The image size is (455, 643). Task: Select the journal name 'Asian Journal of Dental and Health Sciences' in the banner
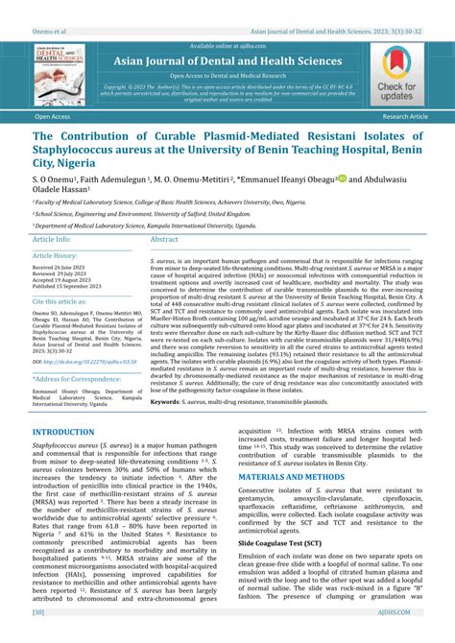[227, 61]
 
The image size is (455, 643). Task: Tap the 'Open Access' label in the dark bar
[53, 116]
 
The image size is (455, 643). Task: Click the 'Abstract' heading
[164, 239]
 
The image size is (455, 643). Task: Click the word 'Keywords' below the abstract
[170, 402]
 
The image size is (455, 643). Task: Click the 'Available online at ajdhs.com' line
[227, 46]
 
